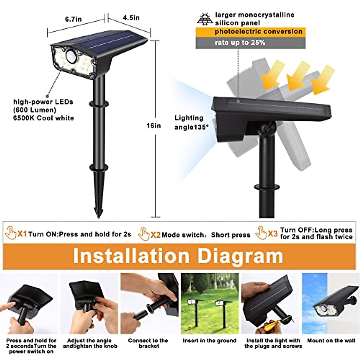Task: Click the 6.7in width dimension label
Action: pyautogui.click(x=73, y=19)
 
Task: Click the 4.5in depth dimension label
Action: pyautogui.click(x=131, y=18)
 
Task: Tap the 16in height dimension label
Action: pyautogui.click(x=154, y=126)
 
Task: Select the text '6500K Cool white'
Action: pyautogui.click(x=43, y=118)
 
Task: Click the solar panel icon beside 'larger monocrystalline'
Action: pyautogui.click(x=205, y=19)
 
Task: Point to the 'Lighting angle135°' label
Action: pyautogui.click(x=191, y=122)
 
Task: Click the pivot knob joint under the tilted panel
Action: pyautogui.click(x=267, y=128)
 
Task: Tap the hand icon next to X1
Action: pyautogui.click(x=11, y=233)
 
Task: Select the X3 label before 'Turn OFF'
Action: pyautogui.click(x=272, y=233)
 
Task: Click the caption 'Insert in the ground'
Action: pyautogui.click(x=209, y=341)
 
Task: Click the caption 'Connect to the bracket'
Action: pyautogui.click(x=148, y=343)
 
